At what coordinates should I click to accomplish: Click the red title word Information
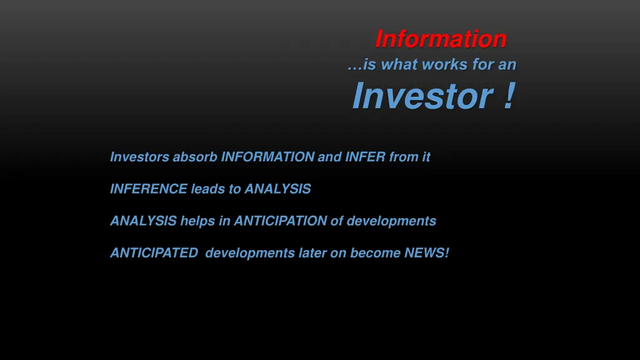pos(441,39)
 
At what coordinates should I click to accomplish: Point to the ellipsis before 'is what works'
pos(354,64)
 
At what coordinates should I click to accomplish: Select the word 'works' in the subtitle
pos(444,64)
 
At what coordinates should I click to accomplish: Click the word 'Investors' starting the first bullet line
pos(139,157)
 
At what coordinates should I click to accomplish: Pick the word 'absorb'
pos(195,157)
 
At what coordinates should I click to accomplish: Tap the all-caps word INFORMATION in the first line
pos(267,157)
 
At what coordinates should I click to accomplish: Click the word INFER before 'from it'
pos(365,157)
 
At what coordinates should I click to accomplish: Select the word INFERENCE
pos(149,189)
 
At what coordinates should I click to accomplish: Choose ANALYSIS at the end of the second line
pos(277,189)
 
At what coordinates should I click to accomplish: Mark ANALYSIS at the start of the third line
pos(143,221)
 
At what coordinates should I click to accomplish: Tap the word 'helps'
pos(197,221)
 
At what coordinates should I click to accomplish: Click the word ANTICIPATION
pos(281,221)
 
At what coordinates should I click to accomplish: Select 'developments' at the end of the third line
pos(391,221)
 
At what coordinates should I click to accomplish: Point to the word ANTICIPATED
pos(154,253)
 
